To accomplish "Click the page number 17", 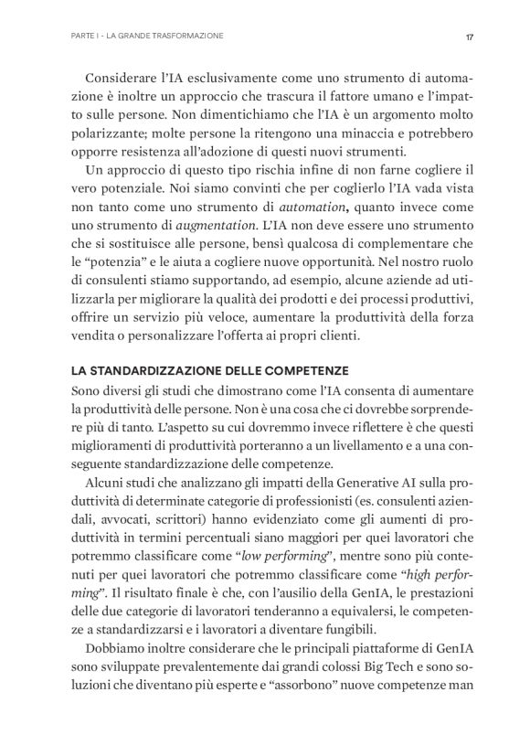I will coord(468,37).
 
